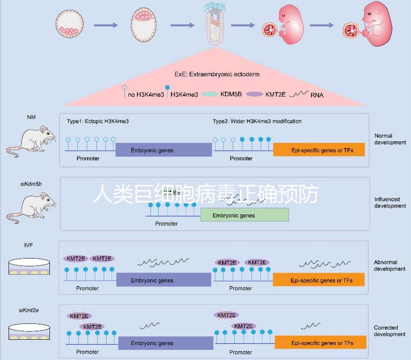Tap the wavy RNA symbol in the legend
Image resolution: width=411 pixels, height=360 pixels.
301,94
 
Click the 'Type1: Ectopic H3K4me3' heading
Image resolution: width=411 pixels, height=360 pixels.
97,122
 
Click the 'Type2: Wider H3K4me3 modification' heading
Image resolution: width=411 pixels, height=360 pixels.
257,122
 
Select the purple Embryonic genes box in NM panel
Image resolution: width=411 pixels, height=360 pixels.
163,150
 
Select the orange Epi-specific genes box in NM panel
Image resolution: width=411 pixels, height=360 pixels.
319,149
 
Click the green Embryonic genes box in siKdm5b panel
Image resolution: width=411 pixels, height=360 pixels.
245,215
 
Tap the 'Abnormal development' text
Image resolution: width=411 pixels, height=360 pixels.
389,265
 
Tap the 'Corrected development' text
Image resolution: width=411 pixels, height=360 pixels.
389,331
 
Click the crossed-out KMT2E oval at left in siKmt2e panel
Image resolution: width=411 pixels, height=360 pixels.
79,316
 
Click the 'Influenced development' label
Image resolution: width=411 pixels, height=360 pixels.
390,202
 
